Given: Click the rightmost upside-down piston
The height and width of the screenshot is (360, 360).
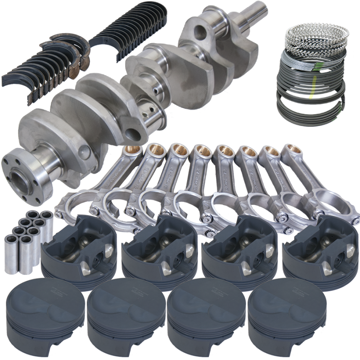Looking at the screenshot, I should (x=319, y=250).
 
